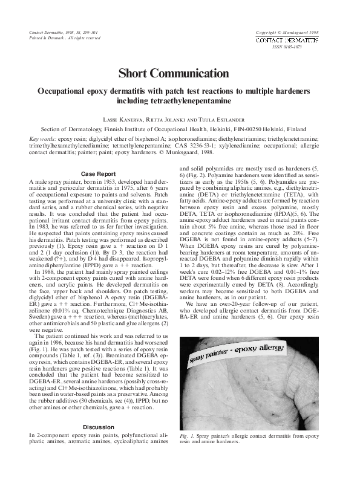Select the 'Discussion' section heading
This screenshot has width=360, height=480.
[97, 427]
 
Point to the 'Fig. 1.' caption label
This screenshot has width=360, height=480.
[186, 435]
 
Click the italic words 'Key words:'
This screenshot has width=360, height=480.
[42, 138]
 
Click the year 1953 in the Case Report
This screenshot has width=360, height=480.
[101, 181]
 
